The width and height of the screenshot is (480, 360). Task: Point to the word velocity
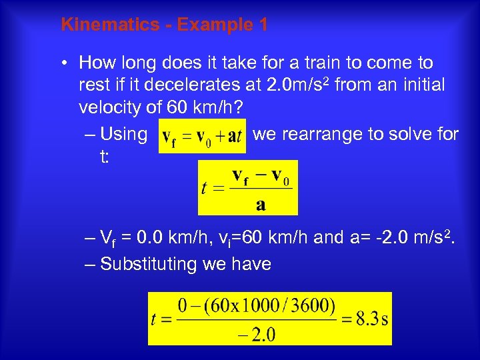coord(109,108)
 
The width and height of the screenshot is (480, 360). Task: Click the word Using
coord(123,135)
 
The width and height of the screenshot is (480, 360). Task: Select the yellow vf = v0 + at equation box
coord(203,136)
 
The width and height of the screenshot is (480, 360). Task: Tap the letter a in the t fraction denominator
coord(261,204)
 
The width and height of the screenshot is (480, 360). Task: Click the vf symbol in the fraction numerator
coord(246,177)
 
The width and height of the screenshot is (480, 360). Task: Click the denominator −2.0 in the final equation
coord(256,334)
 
